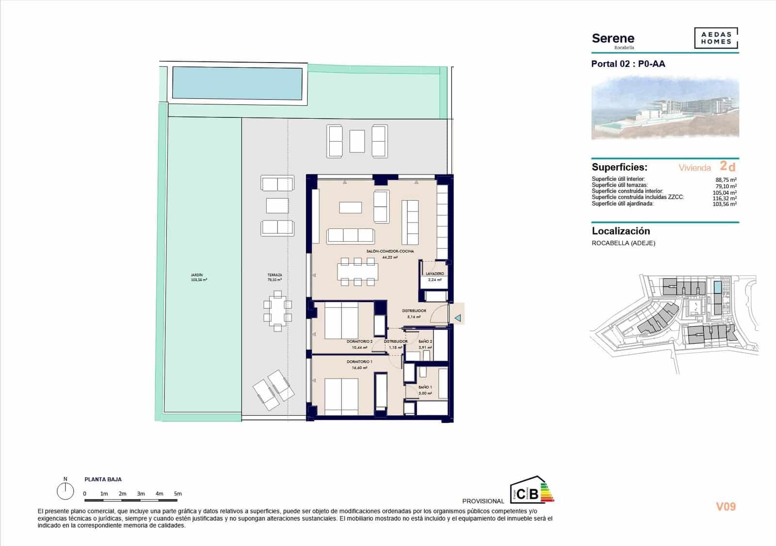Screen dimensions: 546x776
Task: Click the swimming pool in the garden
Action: tap(237, 82)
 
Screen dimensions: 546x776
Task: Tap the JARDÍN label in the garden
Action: tap(199, 277)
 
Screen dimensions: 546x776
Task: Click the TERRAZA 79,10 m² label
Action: tap(275, 277)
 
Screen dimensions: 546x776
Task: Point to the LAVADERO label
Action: tap(435, 274)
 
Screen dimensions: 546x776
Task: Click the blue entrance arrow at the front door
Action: tap(457, 318)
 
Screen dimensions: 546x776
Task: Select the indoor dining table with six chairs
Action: tap(358, 272)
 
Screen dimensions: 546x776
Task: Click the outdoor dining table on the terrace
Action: tap(277, 311)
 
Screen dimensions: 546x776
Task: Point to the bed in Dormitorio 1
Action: tap(341, 395)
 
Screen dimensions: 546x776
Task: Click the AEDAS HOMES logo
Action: tap(716, 38)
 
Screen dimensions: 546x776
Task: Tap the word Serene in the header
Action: tap(613, 38)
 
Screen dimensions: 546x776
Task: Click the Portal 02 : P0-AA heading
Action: tap(628, 64)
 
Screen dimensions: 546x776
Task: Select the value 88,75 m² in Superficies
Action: tap(726, 180)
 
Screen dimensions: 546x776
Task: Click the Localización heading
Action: tap(621, 231)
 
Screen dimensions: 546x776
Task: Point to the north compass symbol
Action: tap(65, 491)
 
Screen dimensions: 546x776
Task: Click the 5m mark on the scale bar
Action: tap(178, 494)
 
